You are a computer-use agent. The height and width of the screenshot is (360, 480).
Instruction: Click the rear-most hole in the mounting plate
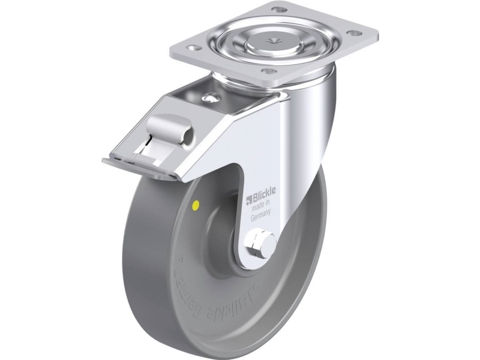(277, 10)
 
